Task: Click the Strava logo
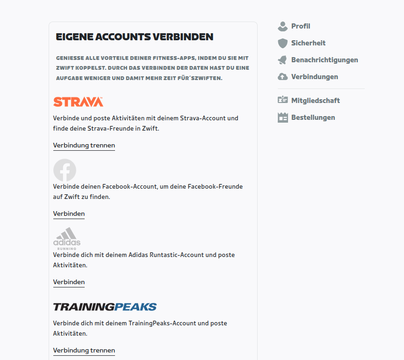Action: pyautogui.click(x=78, y=102)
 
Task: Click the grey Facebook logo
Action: pyautogui.click(x=65, y=170)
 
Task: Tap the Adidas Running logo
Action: pyautogui.click(x=67, y=238)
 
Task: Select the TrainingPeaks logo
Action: pyautogui.click(x=105, y=307)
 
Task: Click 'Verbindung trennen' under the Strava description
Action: pyautogui.click(x=84, y=145)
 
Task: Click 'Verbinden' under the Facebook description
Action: pyautogui.click(x=69, y=213)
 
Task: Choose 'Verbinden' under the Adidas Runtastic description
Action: pyautogui.click(x=69, y=282)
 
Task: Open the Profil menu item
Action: pyautogui.click(x=301, y=26)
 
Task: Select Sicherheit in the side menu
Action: pyautogui.click(x=308, y=43)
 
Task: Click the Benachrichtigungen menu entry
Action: pyautogui.click(x=325, y=60)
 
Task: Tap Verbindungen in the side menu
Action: pyautogui.click(x=314, y=77)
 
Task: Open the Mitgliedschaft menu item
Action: pyautogui.click(x=315, y=101)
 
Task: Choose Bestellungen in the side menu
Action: pyautogui.click(x=313, y=118)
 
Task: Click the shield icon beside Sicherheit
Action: pyautogui.click(x=282, y=43)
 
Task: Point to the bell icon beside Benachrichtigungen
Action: pyautogui.click(x=282, y=60)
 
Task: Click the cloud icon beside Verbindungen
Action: pyautogui.click(x=282, y=77)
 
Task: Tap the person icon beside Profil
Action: pyautogui.click(x=282, y=26)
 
